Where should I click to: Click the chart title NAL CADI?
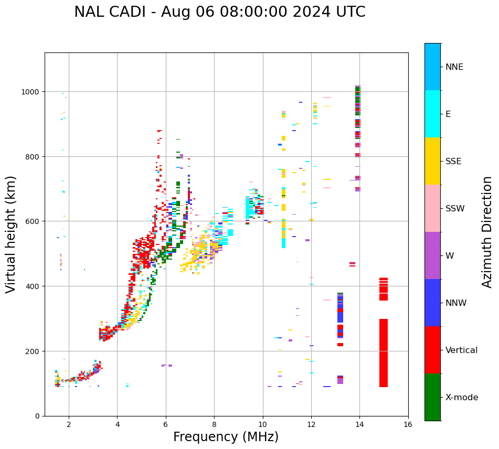click(219, 12)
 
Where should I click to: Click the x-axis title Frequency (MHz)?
click(226, 437)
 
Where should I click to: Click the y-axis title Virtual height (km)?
click(11, 234)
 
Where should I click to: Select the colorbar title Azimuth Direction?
click(487, 232)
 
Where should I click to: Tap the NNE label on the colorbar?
click(454, 67)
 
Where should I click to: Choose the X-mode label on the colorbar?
click(462, 397)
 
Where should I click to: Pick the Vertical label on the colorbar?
click(462, 350)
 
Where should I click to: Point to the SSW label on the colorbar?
click(455, 208)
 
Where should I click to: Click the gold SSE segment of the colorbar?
click(432, 161)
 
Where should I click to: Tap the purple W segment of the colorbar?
click(432, 255)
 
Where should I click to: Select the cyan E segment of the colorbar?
click(432, 114)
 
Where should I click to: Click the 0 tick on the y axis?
click(38, 416)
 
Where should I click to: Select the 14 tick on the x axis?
click(359, 424)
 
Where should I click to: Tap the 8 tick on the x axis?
click(214, 424)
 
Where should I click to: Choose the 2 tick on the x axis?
click(69, 424)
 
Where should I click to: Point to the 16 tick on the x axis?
click(408, 424)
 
